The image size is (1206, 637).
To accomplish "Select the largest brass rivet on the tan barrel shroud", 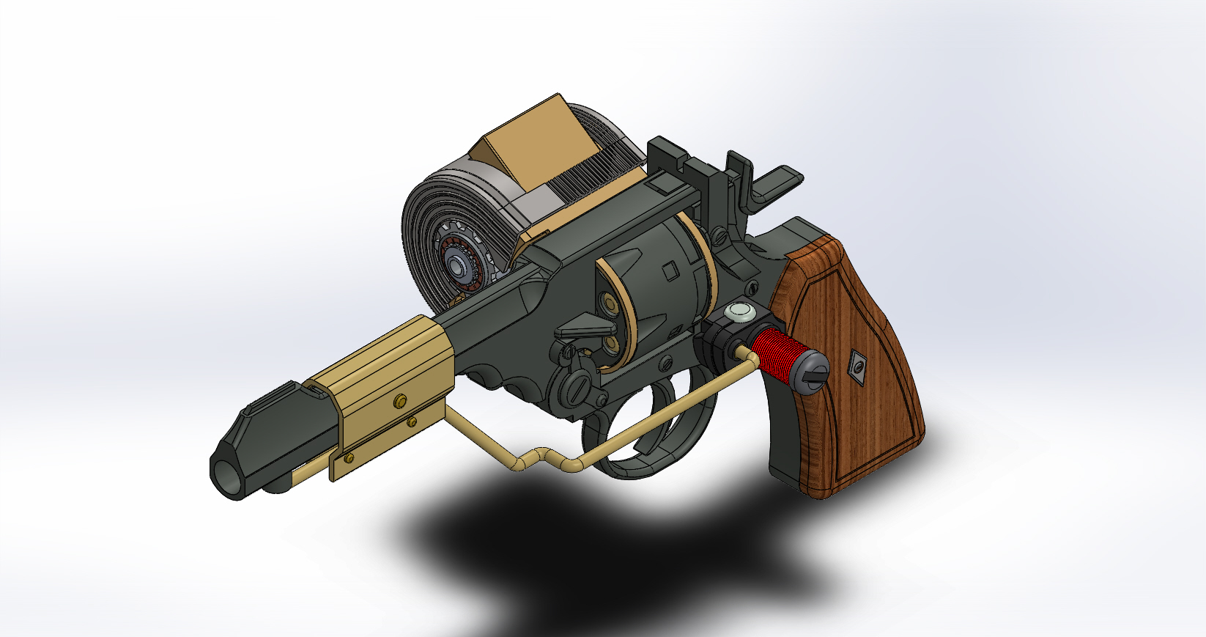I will (x=400, y=400).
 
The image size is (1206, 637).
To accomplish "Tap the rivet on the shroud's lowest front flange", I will (x=348, y=458).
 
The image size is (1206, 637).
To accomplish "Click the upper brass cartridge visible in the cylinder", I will (x=607, y=301).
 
